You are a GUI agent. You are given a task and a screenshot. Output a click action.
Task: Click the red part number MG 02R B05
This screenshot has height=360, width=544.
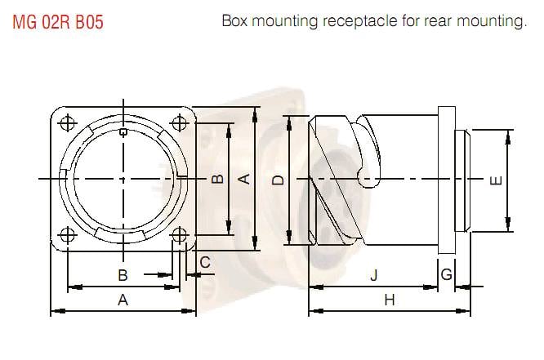point(57,22)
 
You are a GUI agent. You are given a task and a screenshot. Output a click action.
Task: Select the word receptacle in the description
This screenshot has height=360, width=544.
point(365,22)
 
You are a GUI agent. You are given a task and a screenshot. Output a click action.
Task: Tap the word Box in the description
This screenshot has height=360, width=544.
point(235,22)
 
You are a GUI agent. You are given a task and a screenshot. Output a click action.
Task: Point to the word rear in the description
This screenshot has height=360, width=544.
point(448,22)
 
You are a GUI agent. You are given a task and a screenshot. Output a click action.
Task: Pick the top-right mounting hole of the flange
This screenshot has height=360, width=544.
point(179,122)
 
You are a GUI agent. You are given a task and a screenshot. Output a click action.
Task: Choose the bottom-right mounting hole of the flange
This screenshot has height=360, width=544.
point(179,235)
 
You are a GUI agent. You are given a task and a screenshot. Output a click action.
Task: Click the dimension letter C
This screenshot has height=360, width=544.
point(205,262)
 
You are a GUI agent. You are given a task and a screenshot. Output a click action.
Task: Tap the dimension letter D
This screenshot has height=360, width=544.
point(278,180)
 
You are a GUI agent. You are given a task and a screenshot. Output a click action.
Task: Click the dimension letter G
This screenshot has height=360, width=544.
point(446,275)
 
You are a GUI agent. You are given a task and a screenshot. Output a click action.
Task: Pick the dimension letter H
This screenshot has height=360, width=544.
point(389,300)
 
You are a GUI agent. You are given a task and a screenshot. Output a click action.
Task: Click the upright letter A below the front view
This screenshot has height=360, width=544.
point(123,300)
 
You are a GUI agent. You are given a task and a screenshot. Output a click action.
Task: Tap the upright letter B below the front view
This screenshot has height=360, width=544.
point(123,275)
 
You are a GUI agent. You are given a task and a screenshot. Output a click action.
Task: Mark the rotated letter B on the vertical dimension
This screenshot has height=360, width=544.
point(217,180)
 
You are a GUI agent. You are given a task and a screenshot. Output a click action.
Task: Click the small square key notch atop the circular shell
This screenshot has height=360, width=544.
point(123,131)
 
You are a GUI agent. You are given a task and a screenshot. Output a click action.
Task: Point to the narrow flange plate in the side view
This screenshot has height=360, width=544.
point(446,180)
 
